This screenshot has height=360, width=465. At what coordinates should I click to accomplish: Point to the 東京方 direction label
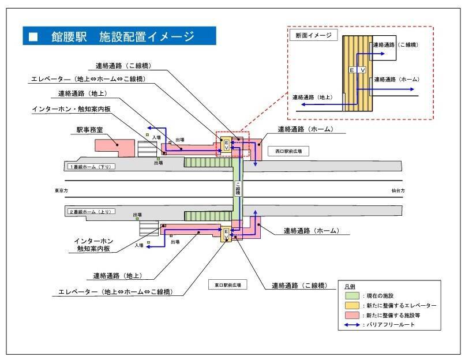[62, 190]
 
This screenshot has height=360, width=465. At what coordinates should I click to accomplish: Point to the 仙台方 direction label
[398, 190]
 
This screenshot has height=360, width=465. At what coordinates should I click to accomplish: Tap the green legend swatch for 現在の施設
[349, 295]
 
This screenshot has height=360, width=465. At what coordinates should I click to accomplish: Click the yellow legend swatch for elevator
[349, 305]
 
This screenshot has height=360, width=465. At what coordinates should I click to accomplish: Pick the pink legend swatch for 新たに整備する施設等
[349, 315]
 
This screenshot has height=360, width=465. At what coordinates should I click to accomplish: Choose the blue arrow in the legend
[349, 325]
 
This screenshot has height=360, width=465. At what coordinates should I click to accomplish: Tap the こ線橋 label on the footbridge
[237, 189]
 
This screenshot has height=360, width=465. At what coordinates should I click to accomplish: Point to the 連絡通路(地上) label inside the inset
[312, 97]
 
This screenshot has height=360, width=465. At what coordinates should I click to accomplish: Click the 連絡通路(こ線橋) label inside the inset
[396, 44]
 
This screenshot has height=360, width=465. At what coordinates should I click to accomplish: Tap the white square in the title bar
[33, 37]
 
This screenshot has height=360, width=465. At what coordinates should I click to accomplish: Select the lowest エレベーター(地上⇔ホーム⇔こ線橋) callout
[115, 292]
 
